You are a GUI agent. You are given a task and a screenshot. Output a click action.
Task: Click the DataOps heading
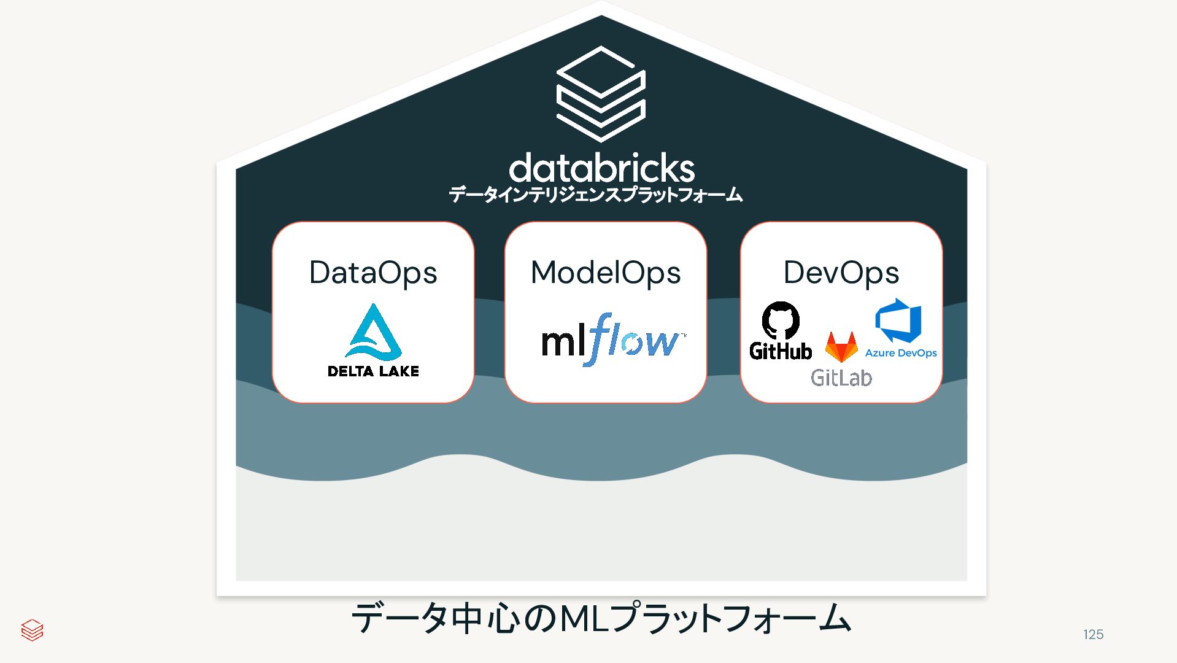click(372, 273)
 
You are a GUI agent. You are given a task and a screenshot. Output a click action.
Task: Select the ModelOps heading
click(605, 273)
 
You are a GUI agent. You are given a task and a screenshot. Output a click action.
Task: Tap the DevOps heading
click(841, 273)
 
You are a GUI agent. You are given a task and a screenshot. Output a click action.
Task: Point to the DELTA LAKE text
click(373, 371)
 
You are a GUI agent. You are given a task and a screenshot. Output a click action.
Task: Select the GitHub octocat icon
click(781, 320)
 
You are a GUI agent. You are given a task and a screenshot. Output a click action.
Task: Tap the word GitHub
click(781, 351)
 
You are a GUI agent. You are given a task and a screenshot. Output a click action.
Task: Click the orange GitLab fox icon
click(841, 347)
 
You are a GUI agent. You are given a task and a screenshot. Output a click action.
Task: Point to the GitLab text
click(841, 378)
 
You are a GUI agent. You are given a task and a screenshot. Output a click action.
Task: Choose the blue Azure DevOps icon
click(898, 320)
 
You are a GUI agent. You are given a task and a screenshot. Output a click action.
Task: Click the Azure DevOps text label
click(900, 353)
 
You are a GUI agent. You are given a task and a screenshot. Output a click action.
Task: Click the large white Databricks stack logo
click(601, 93)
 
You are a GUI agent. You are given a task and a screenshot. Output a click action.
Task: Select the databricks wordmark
click(601, 168)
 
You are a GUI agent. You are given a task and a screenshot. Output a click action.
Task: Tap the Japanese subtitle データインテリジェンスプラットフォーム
click(595, 195)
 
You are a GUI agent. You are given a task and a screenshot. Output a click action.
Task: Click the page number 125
click(1093, 635)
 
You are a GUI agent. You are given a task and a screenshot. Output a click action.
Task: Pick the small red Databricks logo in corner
click(32, 630)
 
